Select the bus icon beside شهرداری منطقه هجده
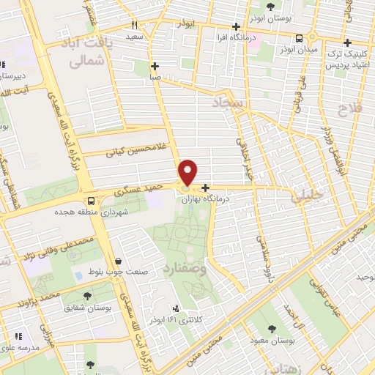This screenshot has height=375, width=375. pyautogui.click(x=91, y=200)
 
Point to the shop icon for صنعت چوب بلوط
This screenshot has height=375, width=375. pyautogui.click(x=118, y=261)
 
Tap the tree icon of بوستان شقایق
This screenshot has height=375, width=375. pyautogui.click(x=88, y=296)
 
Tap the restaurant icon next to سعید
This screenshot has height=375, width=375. pyautogui.click(x=134, y=25)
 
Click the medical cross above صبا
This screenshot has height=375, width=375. pyautogui.click(x=155, y=65)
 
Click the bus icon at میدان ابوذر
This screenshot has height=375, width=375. pyautogui.click(x=299, y=39)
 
